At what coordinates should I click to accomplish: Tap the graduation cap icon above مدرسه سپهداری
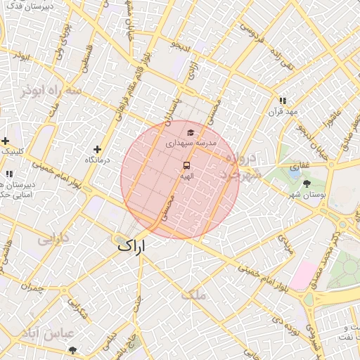[189, 131]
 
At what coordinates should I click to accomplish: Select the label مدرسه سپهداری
[192, 143]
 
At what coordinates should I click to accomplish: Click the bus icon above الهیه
[186, 165]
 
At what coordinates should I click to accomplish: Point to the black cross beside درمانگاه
[97, 149]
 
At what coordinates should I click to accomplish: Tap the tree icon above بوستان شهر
[307, 184]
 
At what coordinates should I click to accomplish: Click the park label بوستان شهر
[307, 195]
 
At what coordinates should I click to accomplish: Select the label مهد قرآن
[283, 112]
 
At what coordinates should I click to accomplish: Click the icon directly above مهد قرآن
[283, 101]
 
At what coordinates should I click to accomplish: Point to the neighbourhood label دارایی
[53, 238]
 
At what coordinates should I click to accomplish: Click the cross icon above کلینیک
[6, 141]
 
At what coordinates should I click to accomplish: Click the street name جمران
[32, 288]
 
